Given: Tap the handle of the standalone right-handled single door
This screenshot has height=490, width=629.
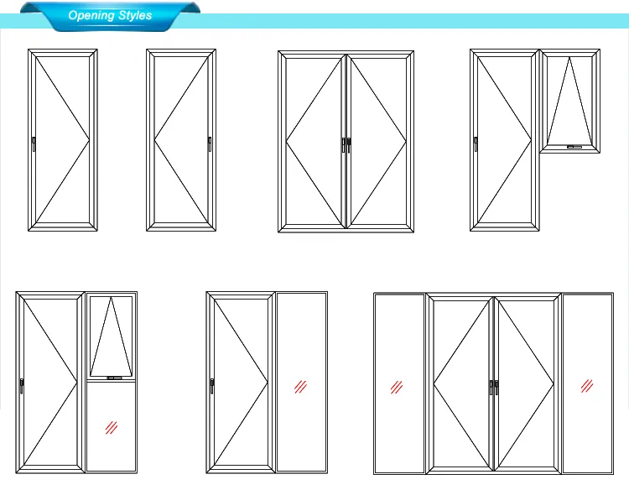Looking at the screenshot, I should [x=210, y=143].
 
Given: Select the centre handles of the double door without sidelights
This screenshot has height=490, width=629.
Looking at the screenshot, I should [x=346, y=144].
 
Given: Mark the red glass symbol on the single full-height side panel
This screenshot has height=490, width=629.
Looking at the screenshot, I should [x=300, y=387].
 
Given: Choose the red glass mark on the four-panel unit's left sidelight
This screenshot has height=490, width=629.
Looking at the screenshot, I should [x=398, y=387].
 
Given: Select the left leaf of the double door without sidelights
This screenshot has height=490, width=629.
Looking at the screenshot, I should [x=313, y=141].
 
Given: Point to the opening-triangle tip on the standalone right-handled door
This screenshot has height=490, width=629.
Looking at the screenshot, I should [x=154, y=140].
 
